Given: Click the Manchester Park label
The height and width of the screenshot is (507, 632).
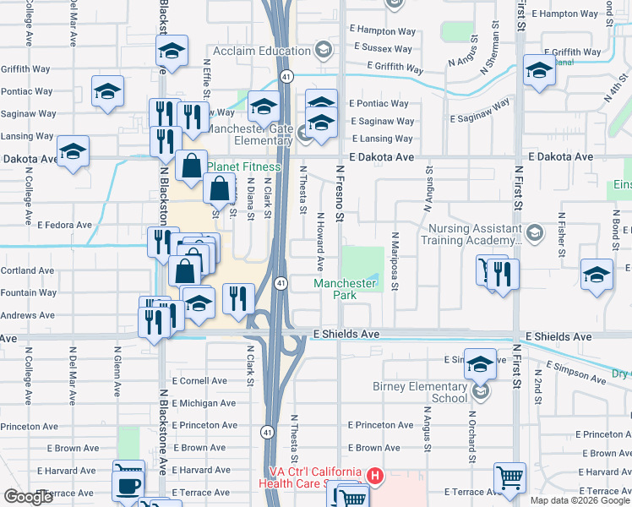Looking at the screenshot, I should click(x=346, y=289).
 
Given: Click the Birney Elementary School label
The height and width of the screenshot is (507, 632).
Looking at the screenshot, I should click(x=420, y=392).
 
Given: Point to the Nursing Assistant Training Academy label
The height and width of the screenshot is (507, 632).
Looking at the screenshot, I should click(x=474, y=234).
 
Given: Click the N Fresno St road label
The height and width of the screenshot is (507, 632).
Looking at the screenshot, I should click(x=341, y=194).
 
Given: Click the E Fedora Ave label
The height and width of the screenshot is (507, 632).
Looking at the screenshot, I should click(x=64, y=225).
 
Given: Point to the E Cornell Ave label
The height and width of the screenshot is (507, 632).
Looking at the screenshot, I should click(x=199, y=381).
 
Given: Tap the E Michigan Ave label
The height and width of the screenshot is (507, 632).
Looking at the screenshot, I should click(x=204, y=403).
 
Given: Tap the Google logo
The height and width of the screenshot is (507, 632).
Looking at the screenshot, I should click(x=28, y=497).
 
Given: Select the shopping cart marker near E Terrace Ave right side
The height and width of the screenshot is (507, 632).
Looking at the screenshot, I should click(x=509, y=478).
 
